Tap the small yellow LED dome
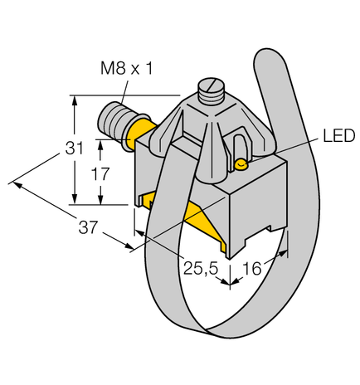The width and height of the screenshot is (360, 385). click(241, 165)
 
